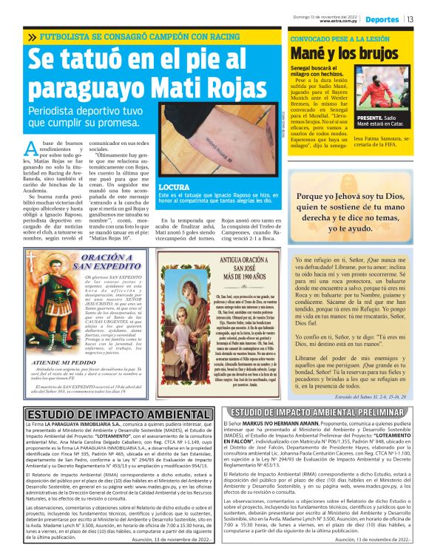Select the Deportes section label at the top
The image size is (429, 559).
point(382,19)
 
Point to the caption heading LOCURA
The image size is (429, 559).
point(176,187)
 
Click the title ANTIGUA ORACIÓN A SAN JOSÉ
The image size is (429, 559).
point(224,264)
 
